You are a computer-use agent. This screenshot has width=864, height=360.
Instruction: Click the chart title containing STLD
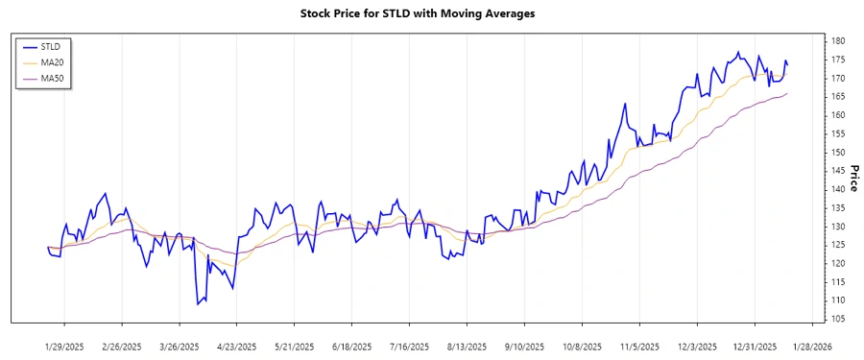[x=431, y=13]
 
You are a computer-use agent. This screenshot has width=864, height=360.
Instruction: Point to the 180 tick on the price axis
[x=838, y=41]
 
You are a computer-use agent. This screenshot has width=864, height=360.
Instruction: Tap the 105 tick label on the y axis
[x=838, y=319]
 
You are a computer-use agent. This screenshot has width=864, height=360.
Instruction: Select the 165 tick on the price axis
[x=838, y=97]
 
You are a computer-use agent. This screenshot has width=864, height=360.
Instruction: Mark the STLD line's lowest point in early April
[x=198, y=304]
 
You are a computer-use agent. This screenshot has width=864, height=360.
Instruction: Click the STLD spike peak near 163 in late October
[x=625, y=104]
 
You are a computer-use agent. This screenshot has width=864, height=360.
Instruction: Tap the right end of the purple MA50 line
[x=787, y=94]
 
